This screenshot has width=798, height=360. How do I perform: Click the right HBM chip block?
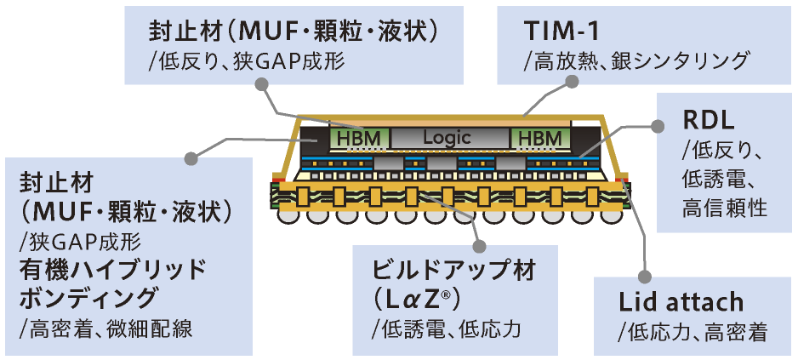[x=539, y=137]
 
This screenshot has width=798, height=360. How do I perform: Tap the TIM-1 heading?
[x=561, y=31]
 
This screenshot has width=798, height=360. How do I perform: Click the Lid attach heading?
[x=681, y=301]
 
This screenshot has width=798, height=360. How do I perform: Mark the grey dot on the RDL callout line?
[x=657, y=125]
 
